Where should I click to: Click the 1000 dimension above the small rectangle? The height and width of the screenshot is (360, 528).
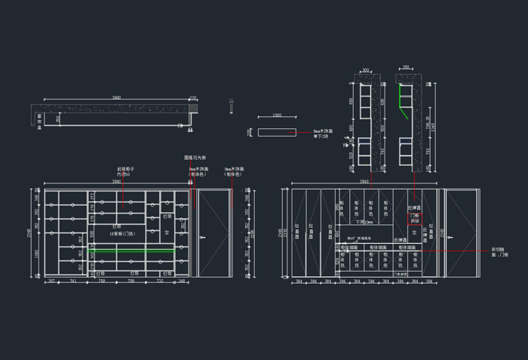(277, 115)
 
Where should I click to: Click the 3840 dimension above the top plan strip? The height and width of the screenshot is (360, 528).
(116, 97)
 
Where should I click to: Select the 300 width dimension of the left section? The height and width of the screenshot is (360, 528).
(366, 69)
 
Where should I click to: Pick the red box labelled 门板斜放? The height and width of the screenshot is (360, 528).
(414, 218)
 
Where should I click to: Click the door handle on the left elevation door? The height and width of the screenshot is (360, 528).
(201, 238)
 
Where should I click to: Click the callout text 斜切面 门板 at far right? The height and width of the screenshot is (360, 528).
(499, 251)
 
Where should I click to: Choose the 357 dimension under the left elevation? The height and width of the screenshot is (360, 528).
(51, 282)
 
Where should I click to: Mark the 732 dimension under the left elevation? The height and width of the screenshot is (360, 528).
(160, 282)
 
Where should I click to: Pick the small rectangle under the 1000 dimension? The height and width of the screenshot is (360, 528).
(277, 132)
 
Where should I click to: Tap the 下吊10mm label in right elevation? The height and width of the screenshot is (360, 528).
(364, 222)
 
